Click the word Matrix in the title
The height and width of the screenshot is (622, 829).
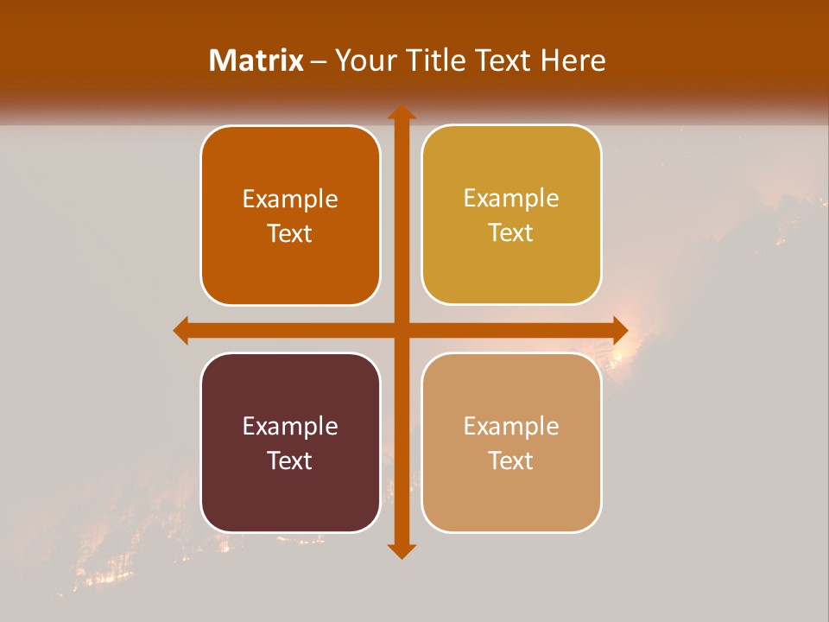(256, 60)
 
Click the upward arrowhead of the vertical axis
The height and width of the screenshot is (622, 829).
(401, 112)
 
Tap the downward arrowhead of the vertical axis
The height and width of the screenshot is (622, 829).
(401, 550)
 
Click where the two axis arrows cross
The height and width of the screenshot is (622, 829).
(401, 330)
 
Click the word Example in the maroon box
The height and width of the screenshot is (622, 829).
(290, 426)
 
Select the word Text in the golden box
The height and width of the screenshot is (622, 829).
(511, 232)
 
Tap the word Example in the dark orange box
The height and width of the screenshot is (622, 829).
(290, 199)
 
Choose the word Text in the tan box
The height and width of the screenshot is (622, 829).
(511, 460)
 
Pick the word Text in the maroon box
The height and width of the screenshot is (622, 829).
(290, 460)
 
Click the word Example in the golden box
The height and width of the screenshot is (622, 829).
(511, 198)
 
